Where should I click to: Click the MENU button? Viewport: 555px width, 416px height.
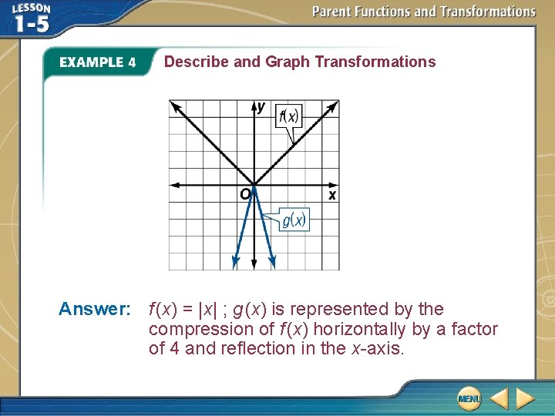(x=469, y=398)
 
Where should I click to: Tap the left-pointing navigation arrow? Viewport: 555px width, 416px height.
(x=499, y=398)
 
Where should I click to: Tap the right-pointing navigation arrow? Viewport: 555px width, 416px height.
(x=525, y=398)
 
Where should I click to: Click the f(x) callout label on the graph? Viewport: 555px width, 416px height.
(x=289, y=116)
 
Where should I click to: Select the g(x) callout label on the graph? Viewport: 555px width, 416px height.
(x=294, y=220)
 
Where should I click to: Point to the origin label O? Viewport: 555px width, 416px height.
(x=245, y=194)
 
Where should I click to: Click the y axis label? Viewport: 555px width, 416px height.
(x=261, y=106)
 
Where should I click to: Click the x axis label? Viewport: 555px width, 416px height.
(x=331, y=195)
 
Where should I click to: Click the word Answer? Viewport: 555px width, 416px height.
(x=95, y=309)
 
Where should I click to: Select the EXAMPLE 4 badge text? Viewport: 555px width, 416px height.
(x=98, y=62)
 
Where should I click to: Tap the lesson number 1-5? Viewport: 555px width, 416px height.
(x=32, y=25)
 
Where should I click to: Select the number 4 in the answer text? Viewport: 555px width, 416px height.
(x=174, y=348)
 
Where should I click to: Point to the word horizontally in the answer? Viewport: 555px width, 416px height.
(x=359, y=329)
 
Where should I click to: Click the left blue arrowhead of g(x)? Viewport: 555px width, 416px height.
(x=235, y=263)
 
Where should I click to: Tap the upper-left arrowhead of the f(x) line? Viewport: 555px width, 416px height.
(x=175, y=106)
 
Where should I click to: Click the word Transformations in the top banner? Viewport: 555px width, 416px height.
(x=488, y=12)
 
